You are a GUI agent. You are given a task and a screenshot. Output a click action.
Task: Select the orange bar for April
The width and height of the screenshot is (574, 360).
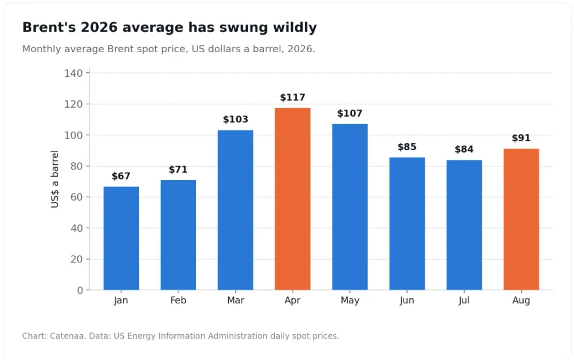click(x=293, y=199)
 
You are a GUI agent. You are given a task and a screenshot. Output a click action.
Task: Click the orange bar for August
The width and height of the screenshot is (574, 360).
click(x=521, y=219)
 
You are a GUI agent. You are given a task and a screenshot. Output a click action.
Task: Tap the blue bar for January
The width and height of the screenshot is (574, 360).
click(x=121, y=238)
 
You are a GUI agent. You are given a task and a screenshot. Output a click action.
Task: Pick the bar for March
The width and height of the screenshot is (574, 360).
click(x=235, y=210)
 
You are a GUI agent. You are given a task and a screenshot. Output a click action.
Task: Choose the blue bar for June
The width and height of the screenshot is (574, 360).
click(x=407, y=224)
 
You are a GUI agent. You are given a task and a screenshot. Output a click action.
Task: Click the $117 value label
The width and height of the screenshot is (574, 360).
click(x=293, y=98)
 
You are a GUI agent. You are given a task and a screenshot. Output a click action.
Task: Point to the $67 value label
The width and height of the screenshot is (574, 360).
click(x=121, y=176)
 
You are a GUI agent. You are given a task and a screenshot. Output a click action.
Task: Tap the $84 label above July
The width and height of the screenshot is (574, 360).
click(x=464, y=149)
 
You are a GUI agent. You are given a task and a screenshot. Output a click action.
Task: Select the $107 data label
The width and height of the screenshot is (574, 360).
click(x=350, y=113)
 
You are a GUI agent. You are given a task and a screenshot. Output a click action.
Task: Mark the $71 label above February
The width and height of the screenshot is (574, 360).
click(x=178, y=169)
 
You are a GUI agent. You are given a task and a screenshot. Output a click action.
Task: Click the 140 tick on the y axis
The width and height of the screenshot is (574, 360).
click(x=73, y=73)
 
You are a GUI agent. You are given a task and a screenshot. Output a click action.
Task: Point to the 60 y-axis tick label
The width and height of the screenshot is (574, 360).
click(x=76, y=197)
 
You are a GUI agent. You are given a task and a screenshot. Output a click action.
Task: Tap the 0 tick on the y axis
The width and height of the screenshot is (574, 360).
click(x=80, y=290)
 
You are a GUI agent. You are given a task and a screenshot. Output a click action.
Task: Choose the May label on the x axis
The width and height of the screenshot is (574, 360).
click(x=350, y=301)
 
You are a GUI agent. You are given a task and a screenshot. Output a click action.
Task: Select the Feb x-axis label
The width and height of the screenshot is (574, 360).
click(x=178, y=301)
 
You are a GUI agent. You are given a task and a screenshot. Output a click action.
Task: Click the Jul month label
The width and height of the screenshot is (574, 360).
click(x=464, y=301)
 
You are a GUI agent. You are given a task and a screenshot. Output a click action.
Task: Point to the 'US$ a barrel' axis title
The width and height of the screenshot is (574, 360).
click(x=54, y=179)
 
